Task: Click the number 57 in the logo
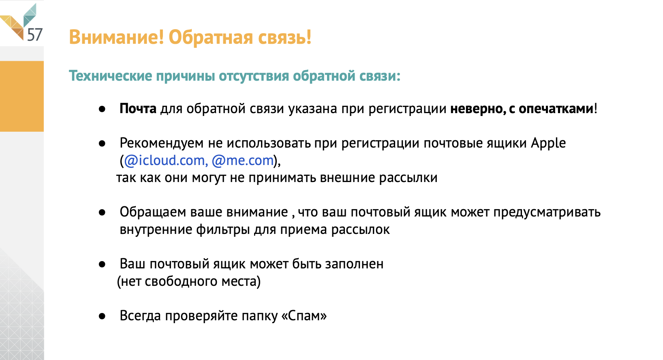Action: point(35,34)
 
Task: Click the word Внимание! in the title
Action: point(116,37)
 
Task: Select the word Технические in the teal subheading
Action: point(110,76)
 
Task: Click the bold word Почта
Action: point(138,109)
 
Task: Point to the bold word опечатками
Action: point(556,109)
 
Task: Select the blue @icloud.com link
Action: point(164,161)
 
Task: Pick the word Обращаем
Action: point(153,212)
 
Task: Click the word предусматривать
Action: point(547,212)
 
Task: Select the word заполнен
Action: point(354,264)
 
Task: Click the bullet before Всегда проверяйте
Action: point(102,316)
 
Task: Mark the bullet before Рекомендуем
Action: point(102,144)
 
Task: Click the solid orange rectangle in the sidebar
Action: point(22,96)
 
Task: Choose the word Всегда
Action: point(140,316)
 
